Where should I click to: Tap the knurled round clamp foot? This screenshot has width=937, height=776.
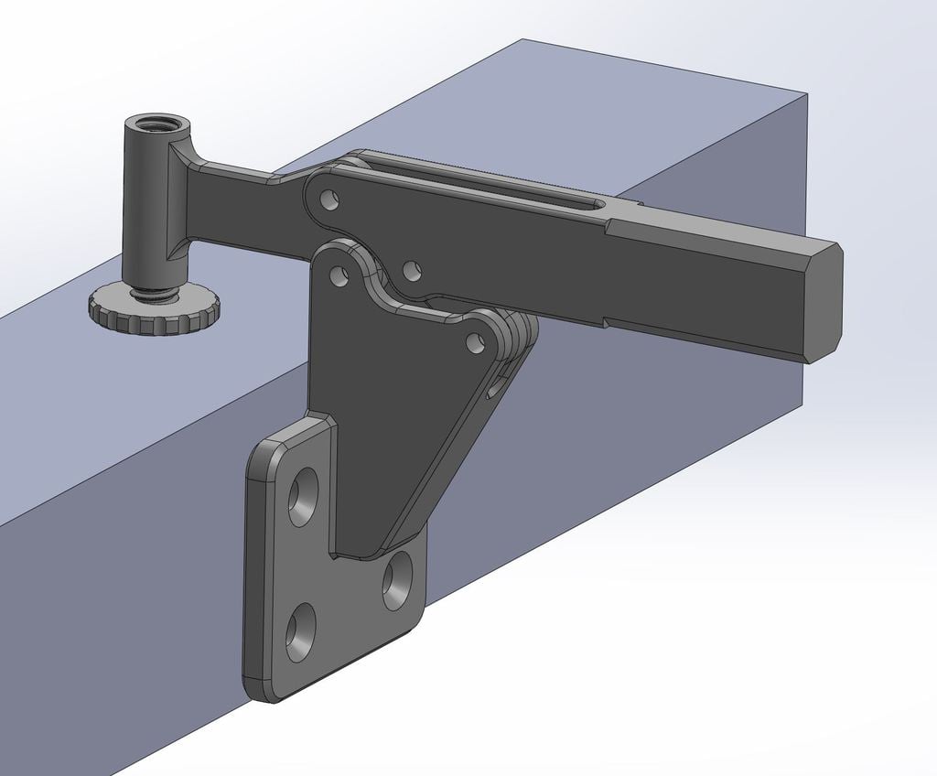pyautogui.click(x=153, y=310)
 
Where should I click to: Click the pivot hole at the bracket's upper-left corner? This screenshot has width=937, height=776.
pyautogui.click(x=339, y=274)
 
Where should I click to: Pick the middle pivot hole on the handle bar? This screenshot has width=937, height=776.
pyautogui.click(x=412, y=270)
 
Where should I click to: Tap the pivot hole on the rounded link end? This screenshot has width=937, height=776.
pyautogui.click(x=474, y=343)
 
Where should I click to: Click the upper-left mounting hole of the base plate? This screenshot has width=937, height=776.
pyautogui.click(x=303, y=496)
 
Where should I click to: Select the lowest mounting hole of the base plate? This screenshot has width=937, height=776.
pyautogui.click(x=299, y=631)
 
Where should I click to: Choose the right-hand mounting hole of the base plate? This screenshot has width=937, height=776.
pyautogui.click(x=397, y=580)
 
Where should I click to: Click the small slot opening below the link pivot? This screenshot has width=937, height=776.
pyautogui.click(x=495, y=388)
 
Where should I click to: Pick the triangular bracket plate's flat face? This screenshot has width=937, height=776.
pyautogui.click(x=384, y=412)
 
